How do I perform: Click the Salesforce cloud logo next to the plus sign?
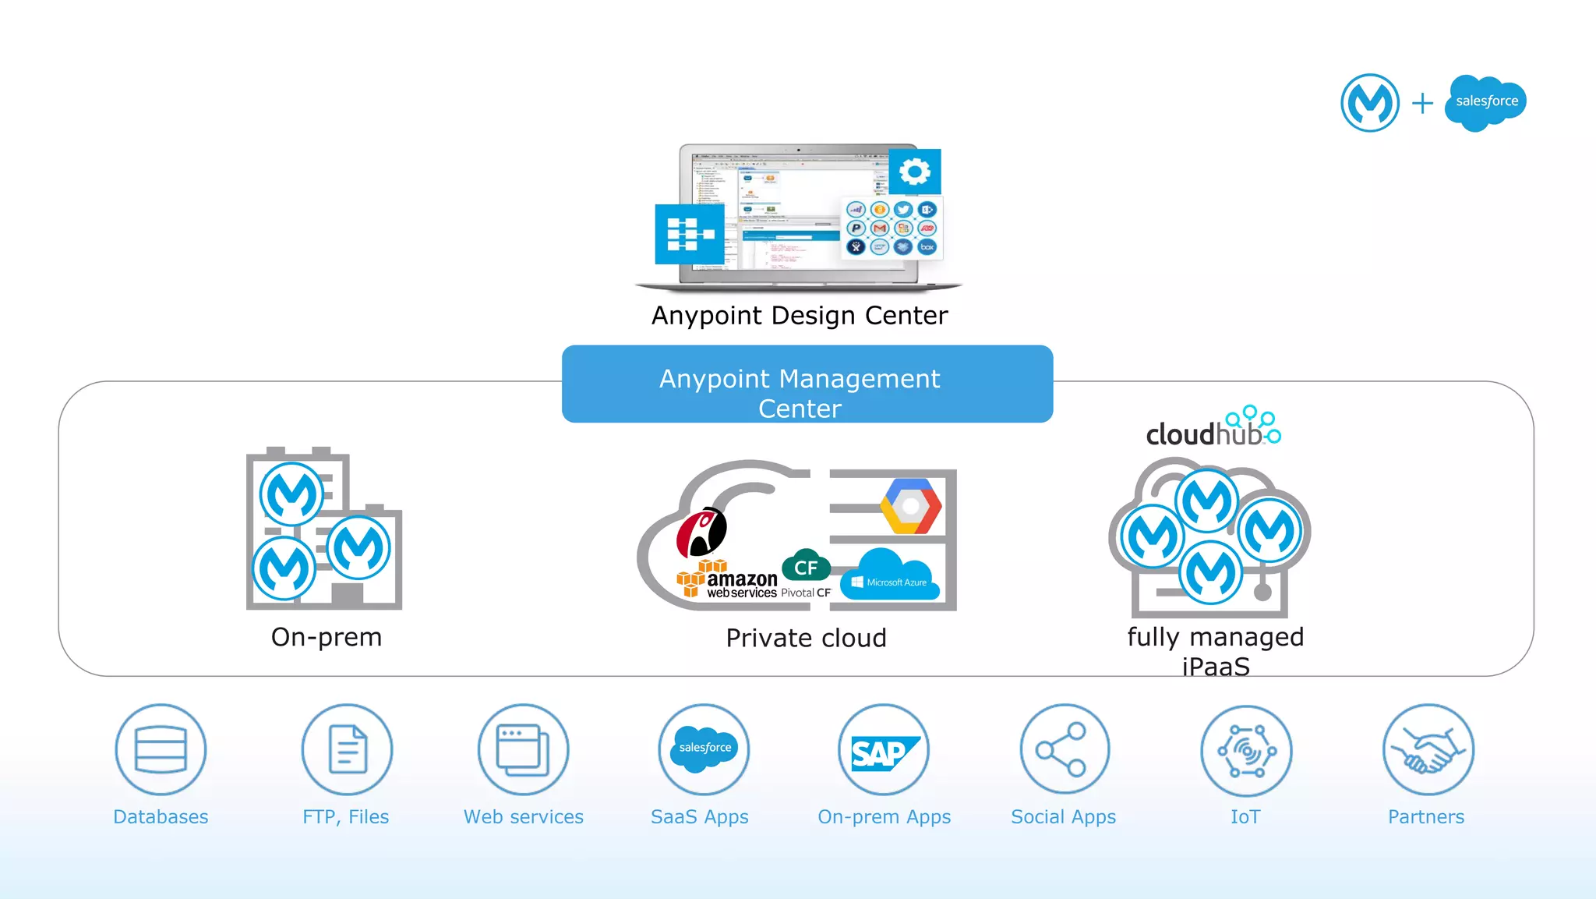pyautogui.click(x=1485, y=102)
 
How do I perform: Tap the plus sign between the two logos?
pyautogui.click(x=1422, y=103)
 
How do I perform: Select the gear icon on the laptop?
pyautogui.click(x=915, y=171)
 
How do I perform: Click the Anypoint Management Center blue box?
pyautogui.click(x=807, y=384)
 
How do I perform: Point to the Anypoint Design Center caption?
pyautogui.click(x=800, y=316)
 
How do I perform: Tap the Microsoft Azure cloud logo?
pyautogui.click(x=890, y=576)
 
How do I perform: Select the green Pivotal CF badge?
pyautogui.click(x=806, y=567)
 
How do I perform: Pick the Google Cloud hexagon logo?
pyautogui.click(x=910, y=507)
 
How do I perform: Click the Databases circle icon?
pyautogui.click(x=161, y=749)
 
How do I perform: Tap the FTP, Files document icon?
pyautogui.click(x=348, y=749)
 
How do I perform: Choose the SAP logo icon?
pyautogui.click(x=884, y=752)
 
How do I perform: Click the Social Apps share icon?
pyautogui.click(x=1064, y=749)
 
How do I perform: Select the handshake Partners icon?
pyautogui.click(x=1428, y=750)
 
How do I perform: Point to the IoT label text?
pyautogui.click(x=1245, y=816)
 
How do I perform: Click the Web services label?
pyautogui.click(x=523, y=816)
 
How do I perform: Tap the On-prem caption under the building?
pyautogui.click(x=327, y=637)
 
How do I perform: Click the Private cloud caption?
pyautogui.click(x=806, y=638)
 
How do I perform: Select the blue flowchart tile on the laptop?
pyautogui.click(x=690, y=234)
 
